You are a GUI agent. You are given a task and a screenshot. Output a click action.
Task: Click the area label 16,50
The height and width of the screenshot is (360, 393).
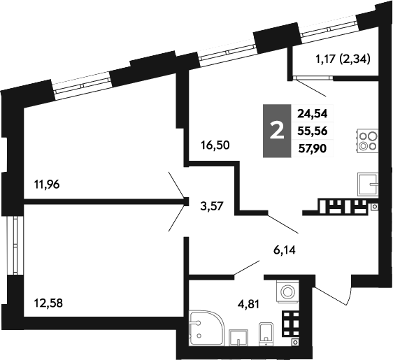pyautogui.click(x=215, y=145)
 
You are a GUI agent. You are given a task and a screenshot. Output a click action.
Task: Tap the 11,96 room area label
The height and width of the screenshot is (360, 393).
pyautogui.click(x=47, y=185)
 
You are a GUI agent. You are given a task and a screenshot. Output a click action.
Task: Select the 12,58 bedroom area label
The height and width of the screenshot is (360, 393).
pyautogui.click(x=48, y=303)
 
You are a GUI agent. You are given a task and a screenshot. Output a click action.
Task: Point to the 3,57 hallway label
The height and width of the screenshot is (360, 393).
pyautogui.click(x=212, y=206)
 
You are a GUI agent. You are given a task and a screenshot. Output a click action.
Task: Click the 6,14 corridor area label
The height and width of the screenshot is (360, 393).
pyautogui.click(x=285, y=250)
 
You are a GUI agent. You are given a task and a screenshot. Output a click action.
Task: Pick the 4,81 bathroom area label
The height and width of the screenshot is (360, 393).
pyautogui.click(x=248, y=304)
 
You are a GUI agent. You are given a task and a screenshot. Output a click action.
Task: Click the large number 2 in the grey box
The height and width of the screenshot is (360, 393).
pyautogui.click(x=277, y=131)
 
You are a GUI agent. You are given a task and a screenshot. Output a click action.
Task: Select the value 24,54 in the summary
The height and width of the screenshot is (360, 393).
pyautogui.click(x=313, y=114)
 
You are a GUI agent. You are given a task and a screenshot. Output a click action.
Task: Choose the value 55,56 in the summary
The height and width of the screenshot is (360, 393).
pyautogui.click(x=313, y=131)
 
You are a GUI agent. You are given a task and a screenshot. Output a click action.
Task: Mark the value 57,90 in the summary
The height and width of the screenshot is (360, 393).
pyautogui.click(x=313, y=149)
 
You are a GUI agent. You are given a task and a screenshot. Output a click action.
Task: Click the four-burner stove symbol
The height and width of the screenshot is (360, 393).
pyautogui.click(x=367, y=141)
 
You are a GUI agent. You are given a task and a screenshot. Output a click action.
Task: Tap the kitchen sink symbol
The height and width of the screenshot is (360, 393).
pyautogui.click(x=368, y=185)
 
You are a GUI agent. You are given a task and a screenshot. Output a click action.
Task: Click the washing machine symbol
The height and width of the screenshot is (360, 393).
pyautogui.click(x=287, y=291)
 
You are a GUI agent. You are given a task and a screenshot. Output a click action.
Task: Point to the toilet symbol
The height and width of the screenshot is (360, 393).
pyautogui.click(x=266, y=333)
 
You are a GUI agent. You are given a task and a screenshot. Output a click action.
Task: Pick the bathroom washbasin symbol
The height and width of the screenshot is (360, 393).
pyautogui.click(x=238, y=338)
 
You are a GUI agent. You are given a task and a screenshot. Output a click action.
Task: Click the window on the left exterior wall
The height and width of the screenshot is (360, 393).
pyautogui.click(x=15, y=245)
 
